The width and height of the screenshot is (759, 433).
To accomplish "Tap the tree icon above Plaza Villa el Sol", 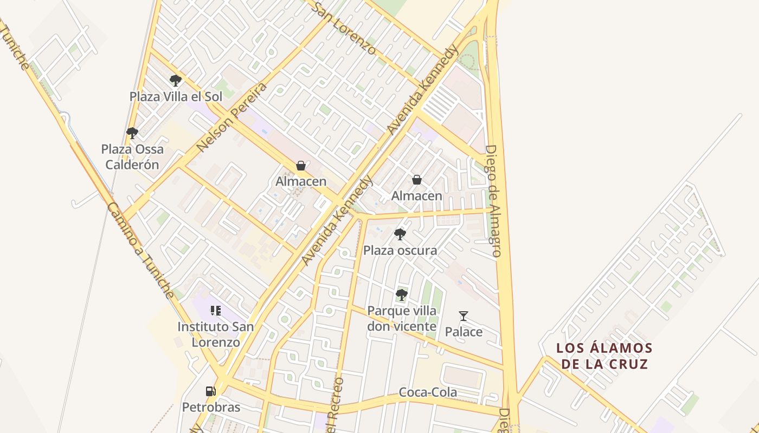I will click(x=175, y=81).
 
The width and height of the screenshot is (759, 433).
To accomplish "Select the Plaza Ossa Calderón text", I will click(x=132, y=157).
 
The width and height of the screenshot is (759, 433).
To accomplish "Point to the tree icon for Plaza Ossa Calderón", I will click(x=132, y=133).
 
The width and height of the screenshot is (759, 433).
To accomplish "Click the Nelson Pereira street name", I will click(x=232, y=117).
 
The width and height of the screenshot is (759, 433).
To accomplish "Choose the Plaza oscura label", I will click(x=400, y=251).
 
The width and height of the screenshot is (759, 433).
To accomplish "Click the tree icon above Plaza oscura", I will click(x=400, y=234).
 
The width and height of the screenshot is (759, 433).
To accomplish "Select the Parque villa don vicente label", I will click(x=402, y=319).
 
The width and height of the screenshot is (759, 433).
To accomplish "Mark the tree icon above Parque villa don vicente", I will click(x=401, y=294).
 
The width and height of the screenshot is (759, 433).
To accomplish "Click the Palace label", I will click(x=464, y=332).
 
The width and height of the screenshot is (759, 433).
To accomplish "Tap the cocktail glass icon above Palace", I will click(x=463, y=316).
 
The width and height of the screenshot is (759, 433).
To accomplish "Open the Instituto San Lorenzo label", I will click(x=216, y=334).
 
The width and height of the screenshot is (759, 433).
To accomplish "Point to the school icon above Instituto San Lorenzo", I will click(x=216, y=311).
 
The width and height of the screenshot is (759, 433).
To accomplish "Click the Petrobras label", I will click(x=211, y=407).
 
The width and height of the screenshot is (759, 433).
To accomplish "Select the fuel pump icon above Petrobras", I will click(x=210, y=391).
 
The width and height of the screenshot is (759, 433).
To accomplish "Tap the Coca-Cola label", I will click(x=428, y=392).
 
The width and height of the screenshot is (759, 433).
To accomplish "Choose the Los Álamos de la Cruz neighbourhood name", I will click(x=604, y=356).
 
